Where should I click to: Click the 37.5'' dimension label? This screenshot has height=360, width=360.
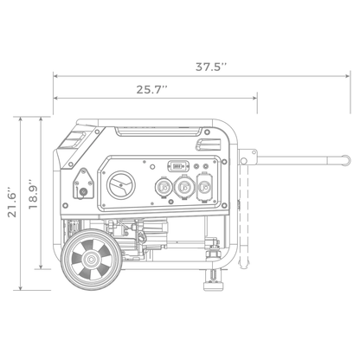(x=211, y=65)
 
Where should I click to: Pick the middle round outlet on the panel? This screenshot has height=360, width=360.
(x=183, y=185)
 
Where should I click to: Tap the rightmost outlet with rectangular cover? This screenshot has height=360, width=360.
(x=204, y=185)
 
